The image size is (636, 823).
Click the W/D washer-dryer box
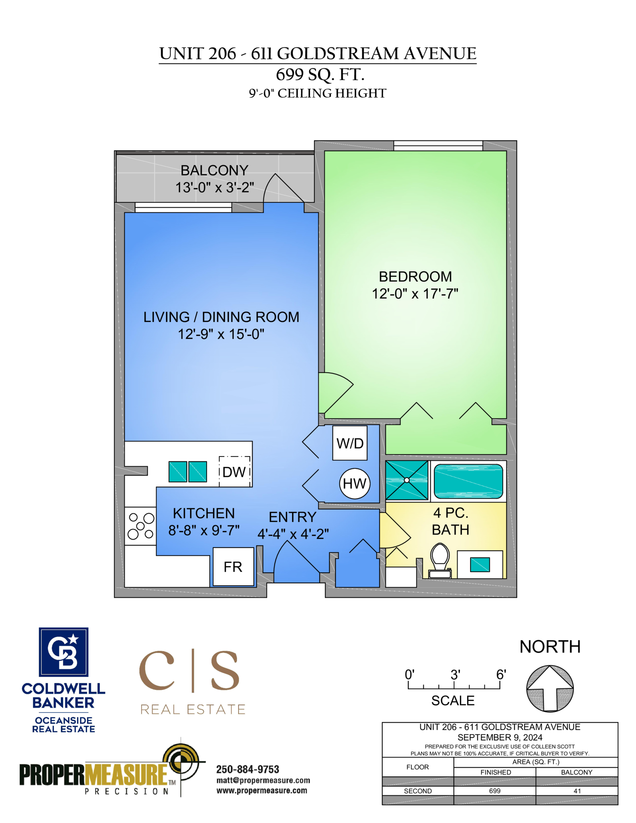(350, 443)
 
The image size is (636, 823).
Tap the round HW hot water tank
(355, 483)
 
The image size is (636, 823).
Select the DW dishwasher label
(234, 472)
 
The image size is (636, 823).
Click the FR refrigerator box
(233, 567)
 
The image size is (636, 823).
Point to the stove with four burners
(140, 526)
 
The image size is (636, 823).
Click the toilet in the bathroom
(440, 561)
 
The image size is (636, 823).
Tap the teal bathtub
(468, 481)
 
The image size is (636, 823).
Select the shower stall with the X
(407, 480)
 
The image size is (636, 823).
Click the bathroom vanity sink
(480, 564)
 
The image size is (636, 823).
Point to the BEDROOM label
(415, 277)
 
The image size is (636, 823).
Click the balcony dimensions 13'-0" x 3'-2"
(215, 187)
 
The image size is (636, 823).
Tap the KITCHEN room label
(204, 513)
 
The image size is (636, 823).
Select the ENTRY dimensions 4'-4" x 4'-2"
(293, 534)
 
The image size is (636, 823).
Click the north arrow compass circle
(550, 689)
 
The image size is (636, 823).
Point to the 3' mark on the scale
(455, 675)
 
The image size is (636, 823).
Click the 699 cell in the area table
(494, 791)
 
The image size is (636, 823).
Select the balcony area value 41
(577, 791)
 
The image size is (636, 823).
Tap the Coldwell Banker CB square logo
(64, 652)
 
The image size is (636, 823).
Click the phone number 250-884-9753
(248, 769)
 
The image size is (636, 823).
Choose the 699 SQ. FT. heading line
(320, 74)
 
